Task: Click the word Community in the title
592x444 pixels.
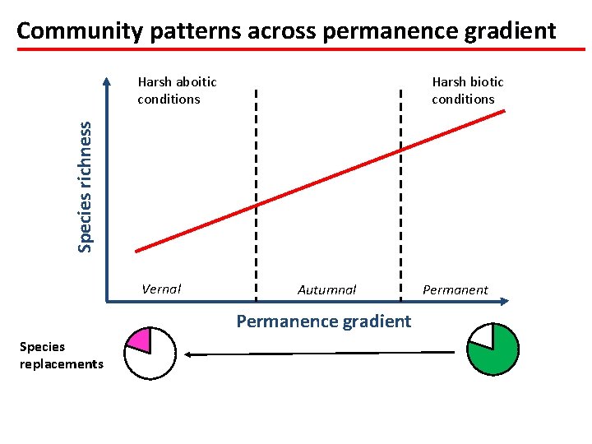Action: (x=69, y=31)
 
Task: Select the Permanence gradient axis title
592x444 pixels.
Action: (x=323, y=321)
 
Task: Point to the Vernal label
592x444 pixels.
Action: (x=161, y=289)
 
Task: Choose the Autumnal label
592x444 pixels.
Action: (x=326, y=289)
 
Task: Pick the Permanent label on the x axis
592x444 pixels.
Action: (x=455, y=289)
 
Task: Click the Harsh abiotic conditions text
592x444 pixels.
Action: (x=177, y=90)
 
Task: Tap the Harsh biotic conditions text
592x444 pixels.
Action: (x=467, y=90)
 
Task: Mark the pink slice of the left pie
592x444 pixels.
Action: (x=141, y=340)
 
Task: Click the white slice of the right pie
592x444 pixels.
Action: (x=482, y=334)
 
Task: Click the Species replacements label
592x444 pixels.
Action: (x=61, y=355)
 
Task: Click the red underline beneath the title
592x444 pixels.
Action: (x=296, y=49)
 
